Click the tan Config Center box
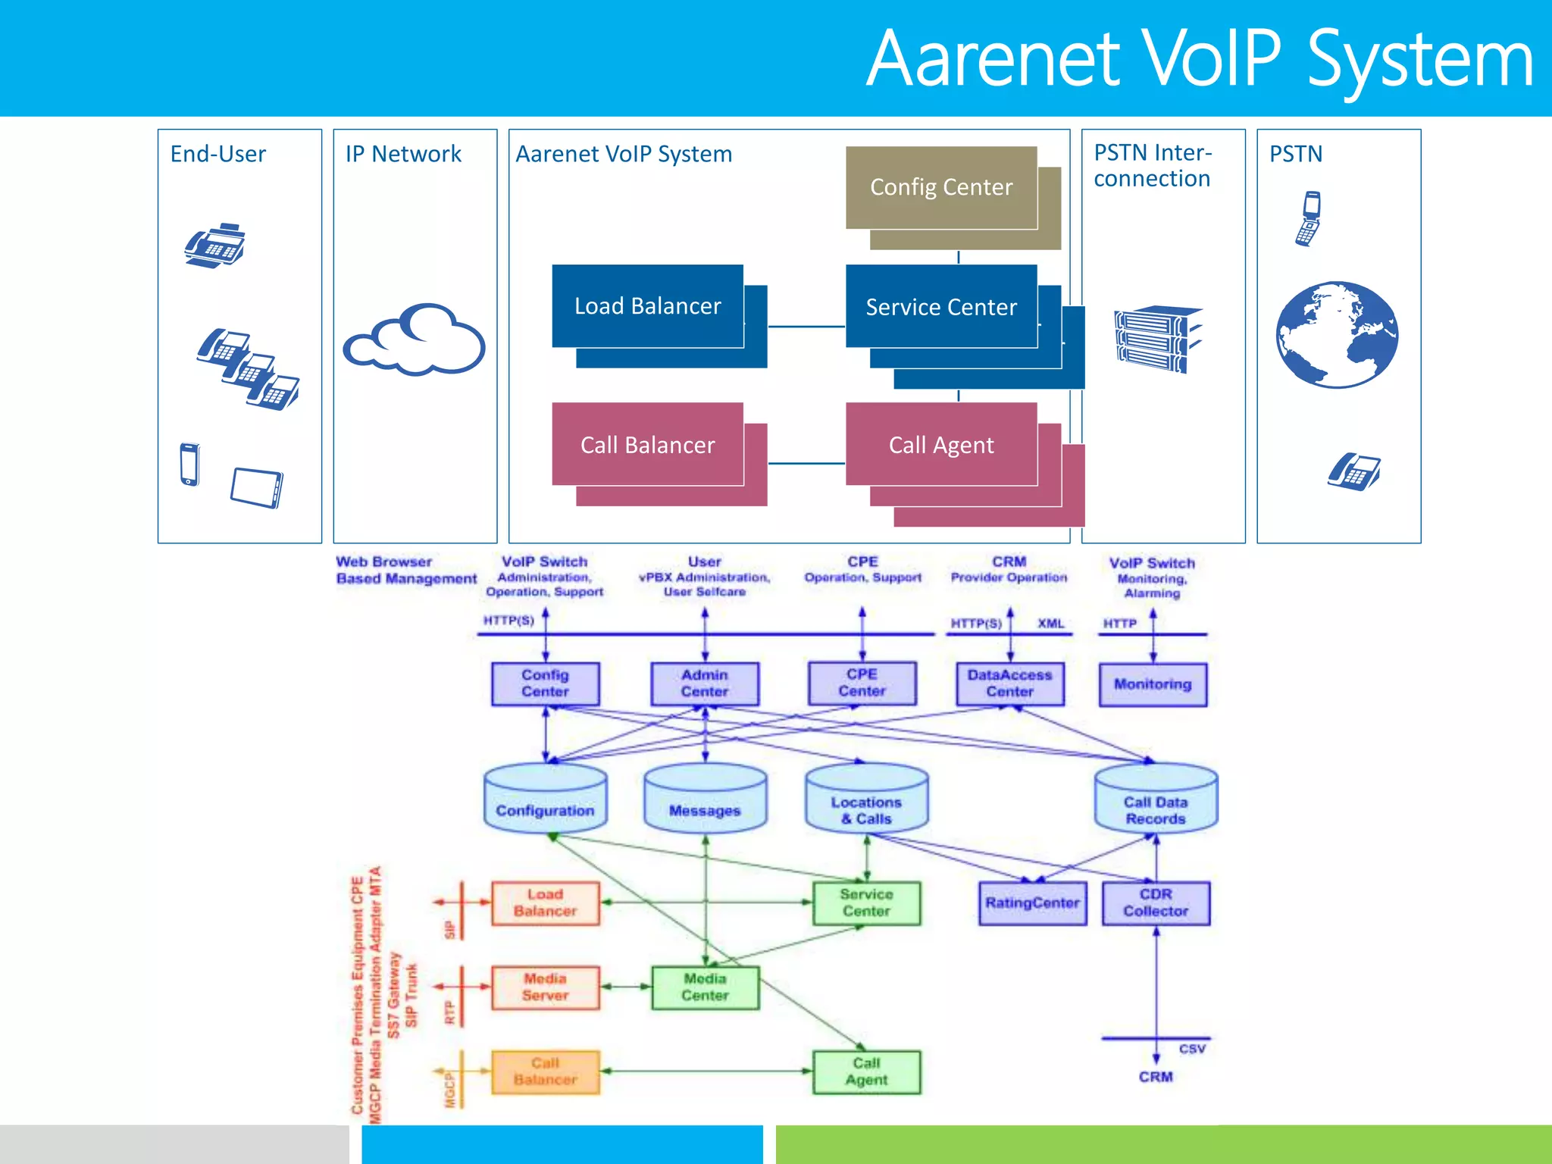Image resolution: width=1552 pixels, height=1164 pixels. (941, 187)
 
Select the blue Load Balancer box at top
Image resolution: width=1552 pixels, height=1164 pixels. (647, 306)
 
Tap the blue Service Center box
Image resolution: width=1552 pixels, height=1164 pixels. (941, 306)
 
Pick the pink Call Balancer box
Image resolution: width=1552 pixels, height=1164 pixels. (647, 444)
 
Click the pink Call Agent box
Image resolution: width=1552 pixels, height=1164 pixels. (941, 444)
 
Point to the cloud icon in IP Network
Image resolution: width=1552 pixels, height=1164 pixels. (415, 340)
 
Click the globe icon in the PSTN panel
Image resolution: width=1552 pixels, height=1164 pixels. (1337, 334)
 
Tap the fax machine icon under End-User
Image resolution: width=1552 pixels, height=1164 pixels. (215, 246)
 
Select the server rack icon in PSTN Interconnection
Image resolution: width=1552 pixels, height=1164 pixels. (1157, 339)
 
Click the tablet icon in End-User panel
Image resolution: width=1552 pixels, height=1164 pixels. (257, 487)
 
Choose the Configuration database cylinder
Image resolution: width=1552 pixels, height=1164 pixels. (545, 799)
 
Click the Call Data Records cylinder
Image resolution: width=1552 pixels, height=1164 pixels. (1156, 799)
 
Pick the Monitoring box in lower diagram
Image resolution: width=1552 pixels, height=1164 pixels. (1153, 684)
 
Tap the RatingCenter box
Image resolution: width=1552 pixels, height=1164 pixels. (1032, 903)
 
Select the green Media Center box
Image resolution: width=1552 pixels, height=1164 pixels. (705, 987)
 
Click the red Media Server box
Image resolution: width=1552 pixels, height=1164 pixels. (545, 987)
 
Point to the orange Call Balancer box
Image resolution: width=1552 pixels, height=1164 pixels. (545, 1071)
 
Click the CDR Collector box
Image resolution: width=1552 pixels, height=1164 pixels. (1156, 903)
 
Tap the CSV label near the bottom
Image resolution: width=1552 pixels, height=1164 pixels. (1192, 1049)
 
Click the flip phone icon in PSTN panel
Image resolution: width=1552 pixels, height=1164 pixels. (1309, 218)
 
